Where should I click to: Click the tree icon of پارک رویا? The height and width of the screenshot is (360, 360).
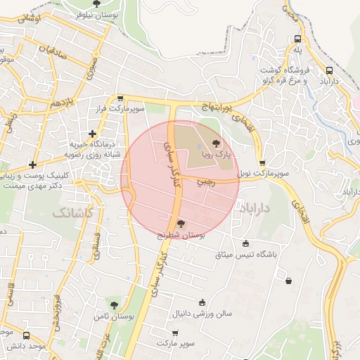tap(226, 143)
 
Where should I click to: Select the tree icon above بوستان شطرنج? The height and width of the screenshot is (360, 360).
tap(181, 224)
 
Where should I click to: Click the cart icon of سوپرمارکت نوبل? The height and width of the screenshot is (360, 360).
tap(262, 163)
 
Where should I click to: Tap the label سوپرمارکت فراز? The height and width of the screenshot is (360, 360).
tap(141, 110)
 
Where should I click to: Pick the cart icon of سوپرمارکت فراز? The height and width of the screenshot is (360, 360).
tap(121, 99)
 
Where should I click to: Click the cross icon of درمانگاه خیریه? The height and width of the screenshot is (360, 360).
tap(92, 134)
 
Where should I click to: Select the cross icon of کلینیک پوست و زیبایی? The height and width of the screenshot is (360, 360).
tap(32, 165)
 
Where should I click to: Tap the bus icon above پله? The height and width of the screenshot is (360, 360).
tap(298, 39)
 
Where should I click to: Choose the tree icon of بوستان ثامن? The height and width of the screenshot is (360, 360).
tap(114, 304)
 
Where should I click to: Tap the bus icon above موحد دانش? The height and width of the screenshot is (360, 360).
tap(27, 336)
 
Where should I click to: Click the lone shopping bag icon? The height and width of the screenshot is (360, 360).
tap(288, 281)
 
